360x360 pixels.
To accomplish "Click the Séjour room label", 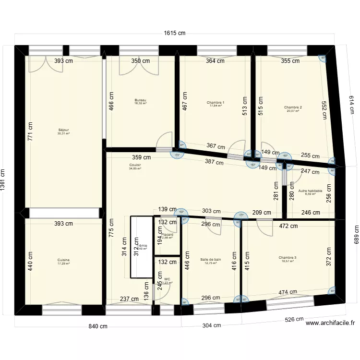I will (63, 130).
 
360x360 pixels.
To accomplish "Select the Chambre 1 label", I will (216, 103).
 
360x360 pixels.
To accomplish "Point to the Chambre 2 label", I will (293, 108).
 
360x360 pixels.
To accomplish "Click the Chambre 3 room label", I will (288, 258).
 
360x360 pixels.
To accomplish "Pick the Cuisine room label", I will (63, 261).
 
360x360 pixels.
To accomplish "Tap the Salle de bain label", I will (211, 260).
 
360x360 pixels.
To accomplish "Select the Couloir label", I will (135, 165).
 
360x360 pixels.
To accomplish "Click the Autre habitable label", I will (310, 191).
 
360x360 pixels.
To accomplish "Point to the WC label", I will (167, 279).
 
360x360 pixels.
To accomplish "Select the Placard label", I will (167, 235).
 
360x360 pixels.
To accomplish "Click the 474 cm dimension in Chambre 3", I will (288, 292).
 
